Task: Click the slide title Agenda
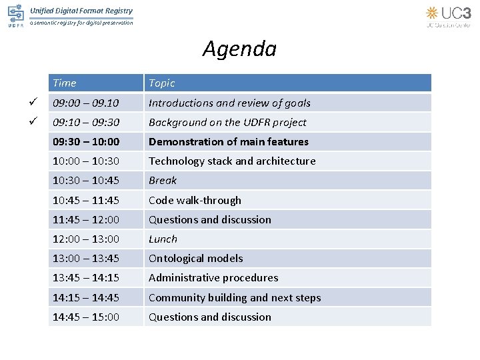239,49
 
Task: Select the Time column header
65,83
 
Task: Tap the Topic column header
161,83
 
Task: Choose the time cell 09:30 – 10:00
86,142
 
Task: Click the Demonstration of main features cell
228,142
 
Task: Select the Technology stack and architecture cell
232,161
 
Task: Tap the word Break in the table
163,181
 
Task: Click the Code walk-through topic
195,200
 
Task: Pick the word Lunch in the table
163,239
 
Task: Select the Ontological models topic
195,258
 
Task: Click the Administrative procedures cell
213,277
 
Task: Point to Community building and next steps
235,297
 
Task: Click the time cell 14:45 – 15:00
86,317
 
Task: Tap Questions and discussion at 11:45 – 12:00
209,219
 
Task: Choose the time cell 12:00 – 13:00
86,239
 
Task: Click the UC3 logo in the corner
448,15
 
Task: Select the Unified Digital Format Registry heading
81,11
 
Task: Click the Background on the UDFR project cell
227,123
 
